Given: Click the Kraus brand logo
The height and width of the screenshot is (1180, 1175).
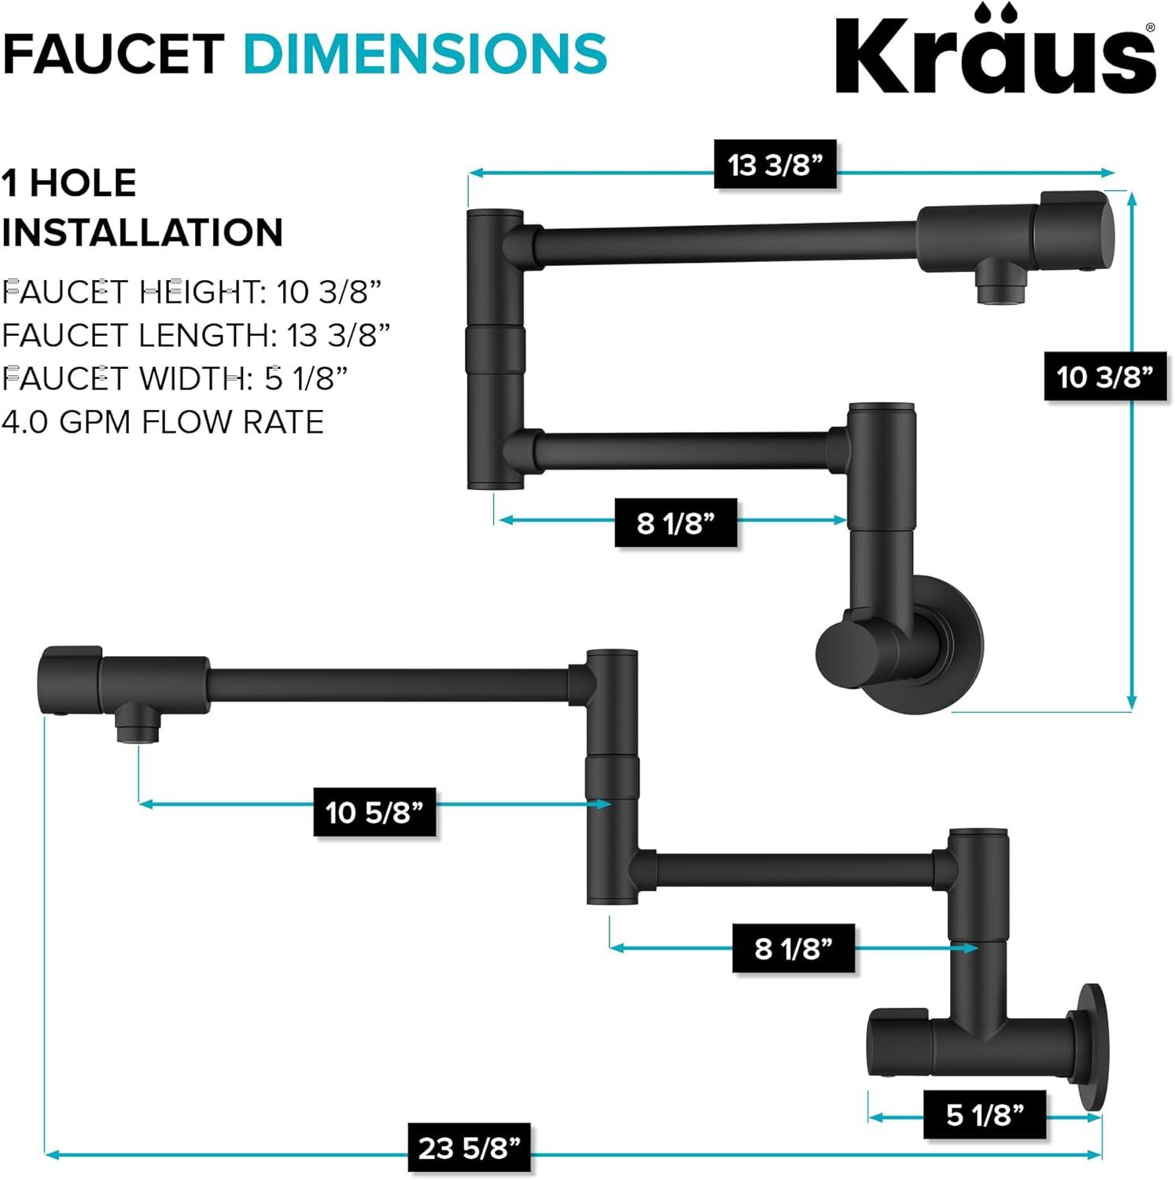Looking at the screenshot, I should (x=995, y=53).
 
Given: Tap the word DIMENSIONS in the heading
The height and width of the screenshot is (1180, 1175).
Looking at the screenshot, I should (x=425, y=53).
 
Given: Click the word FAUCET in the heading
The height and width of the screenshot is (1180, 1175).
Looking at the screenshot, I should (x=114, y=53).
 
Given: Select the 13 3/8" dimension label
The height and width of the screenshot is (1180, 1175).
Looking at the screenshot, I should (x=775, y=165).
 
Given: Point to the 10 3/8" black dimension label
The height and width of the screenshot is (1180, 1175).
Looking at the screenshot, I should (x=1104, y=377).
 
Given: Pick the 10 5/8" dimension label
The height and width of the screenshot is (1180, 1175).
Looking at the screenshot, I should (x=374, y=812).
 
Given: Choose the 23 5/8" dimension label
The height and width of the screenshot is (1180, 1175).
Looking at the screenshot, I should (x=469, y=1148).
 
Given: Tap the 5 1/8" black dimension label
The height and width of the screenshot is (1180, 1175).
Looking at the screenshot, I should (x=985, y=1115).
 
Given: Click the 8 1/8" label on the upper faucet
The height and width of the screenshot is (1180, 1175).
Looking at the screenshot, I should (x=676, y=522).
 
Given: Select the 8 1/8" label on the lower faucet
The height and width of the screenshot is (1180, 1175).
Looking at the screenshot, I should (x=793, y=949).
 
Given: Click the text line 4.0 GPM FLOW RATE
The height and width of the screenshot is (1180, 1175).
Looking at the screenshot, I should (x=163, y=422).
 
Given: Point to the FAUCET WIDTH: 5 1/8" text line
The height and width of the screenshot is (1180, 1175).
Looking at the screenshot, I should (x=175, y=379).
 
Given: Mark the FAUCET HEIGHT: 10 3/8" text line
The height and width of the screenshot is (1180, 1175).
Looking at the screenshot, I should (x=191, y=293).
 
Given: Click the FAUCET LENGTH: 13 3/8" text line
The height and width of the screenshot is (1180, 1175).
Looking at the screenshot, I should (x=196, y=336).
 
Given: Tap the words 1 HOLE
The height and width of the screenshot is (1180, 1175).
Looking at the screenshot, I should (x=69, y=183).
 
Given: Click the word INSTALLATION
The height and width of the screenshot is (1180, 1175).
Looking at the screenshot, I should (x=142, y=233).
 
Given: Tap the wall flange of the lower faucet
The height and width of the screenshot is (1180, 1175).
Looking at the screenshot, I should (x=1092, y=1046).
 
